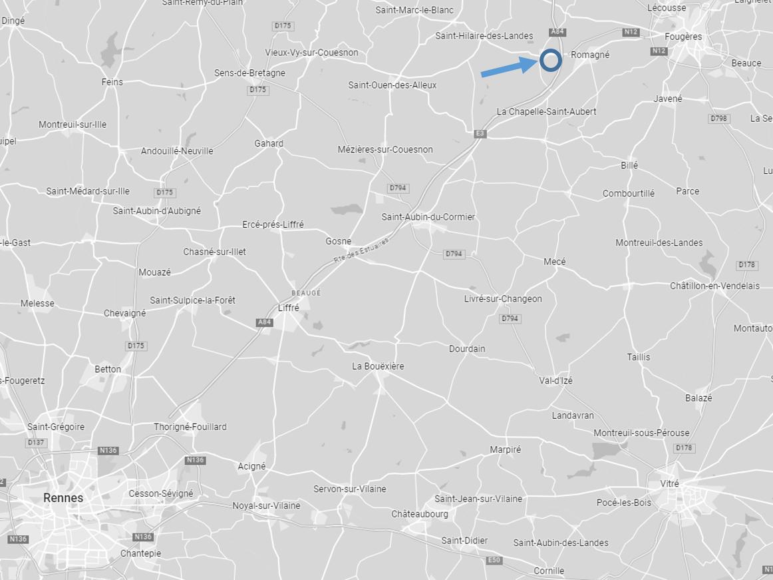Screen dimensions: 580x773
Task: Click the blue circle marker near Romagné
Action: pyautogui.click(x=550, y=61)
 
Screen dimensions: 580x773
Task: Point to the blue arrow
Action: pyautogui.click(x=509, y=67)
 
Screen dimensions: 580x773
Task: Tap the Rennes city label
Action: pyautogui.click(x=63, y=497)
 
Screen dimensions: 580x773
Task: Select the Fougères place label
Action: pyautogui.click(x=683, y=37)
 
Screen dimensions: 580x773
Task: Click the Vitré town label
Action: pyautogui.click(x=669, y=484)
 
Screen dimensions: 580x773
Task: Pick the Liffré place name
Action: pyautogui.click(x=289, y=308)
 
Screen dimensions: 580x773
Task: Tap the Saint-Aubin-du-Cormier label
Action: pyautogui.click(x=428, y=217)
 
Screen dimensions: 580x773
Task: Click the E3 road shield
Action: pyautogui.click(x=480, y=134)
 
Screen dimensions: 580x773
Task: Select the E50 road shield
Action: pyautogui.click(x=494, y=560)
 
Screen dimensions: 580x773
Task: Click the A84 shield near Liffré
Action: pyautogui.click(x=265, y=322)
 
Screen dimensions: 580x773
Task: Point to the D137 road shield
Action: pyautogui.click(x=36, y=443)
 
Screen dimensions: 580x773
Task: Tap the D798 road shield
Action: pyautogui.click(x=719, y=119)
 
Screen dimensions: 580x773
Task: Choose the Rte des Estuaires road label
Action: pyautogui.click(x=361, y=250)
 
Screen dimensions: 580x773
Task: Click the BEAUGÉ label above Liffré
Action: pyautogui.click(x=306, y=293)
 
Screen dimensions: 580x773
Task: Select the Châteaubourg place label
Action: pyautogui.click(x=420, y=514)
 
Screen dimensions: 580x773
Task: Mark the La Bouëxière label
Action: pyautogui.click(x=378, y=366)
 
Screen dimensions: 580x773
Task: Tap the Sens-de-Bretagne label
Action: pyautogui.click(x=249, y=73)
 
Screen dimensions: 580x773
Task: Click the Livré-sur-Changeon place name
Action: pyautogui.click(x=503, y=299)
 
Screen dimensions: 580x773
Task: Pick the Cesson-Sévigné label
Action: pyautogui.click(x=161, y=493)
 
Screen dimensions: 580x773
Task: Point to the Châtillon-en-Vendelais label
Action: pyautogui.click(x=714, y=286)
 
